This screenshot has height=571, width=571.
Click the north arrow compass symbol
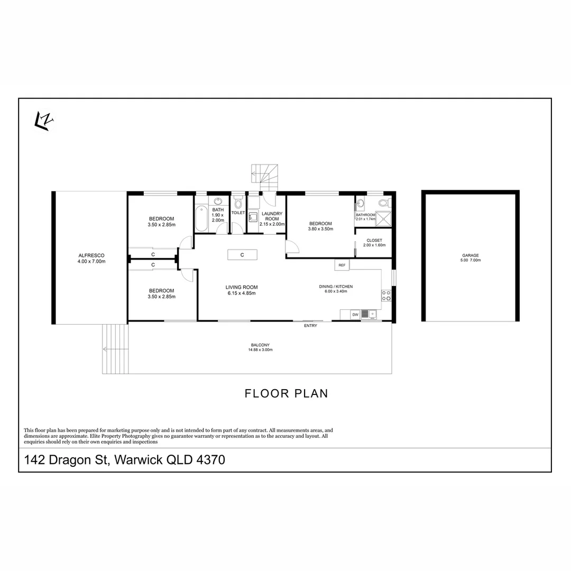tap(44, 121)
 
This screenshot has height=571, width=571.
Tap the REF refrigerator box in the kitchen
tap(342, 265)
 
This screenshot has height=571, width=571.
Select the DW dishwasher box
tap(355, 315)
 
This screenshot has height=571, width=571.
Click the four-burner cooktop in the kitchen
tap(386, 296)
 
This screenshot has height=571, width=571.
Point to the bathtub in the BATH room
tap(201, 219)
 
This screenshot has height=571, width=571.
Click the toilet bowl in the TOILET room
tap(238, 202)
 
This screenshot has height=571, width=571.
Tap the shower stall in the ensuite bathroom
tap(383, 218)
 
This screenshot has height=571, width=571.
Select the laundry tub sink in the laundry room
tap(253, 217)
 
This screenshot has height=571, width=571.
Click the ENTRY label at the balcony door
tap(311, 326)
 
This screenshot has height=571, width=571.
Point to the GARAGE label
tap(471, 255)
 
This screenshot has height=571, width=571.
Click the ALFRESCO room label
tap(91, 255)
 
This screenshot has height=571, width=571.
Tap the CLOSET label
tap(374, 241)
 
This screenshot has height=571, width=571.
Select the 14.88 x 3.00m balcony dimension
tap(260, 349)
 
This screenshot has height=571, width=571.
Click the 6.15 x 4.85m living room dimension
tap(242, 293)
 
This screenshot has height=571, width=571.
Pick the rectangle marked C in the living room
tap(242, 255)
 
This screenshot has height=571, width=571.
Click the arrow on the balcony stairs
tap(115, 349)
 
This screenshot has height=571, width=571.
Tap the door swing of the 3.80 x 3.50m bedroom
tap(292, 246)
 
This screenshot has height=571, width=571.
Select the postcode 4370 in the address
tap(210, 459)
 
